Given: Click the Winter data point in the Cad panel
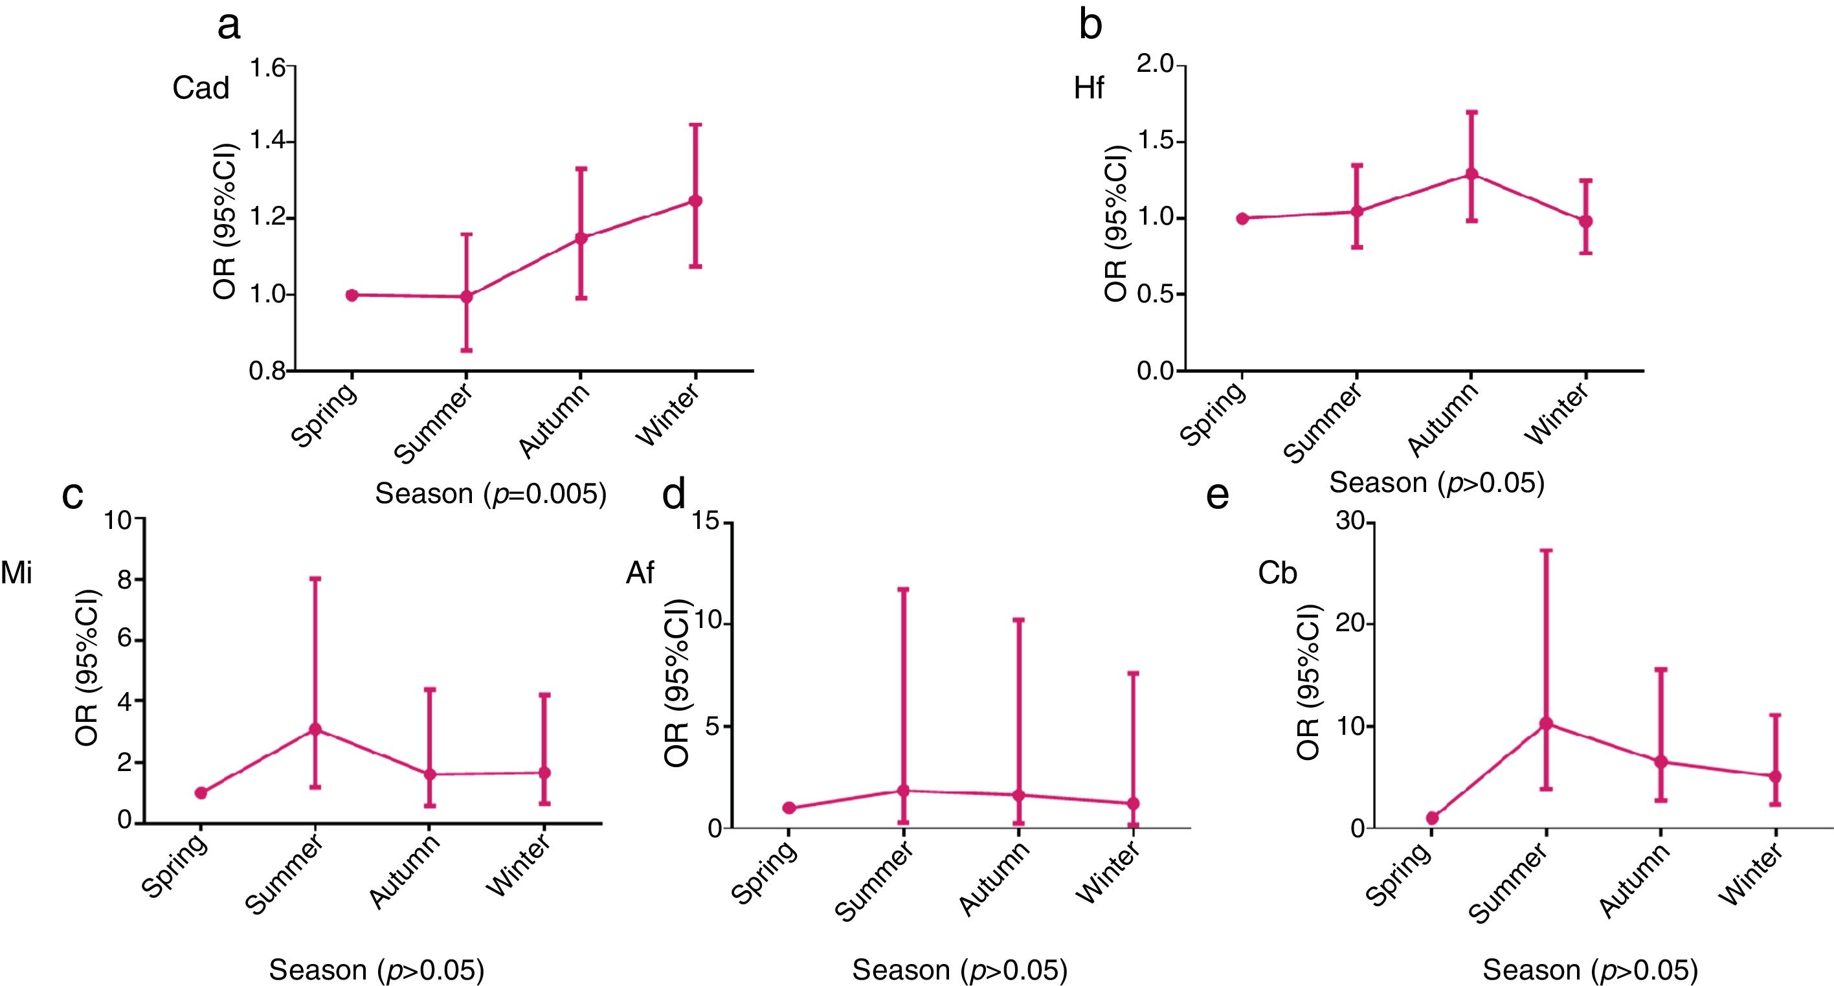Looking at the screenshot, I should [x=695, y=201].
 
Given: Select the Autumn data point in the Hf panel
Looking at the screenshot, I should [x=1471, y=174].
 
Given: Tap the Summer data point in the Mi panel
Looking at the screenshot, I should [x=315, y=730].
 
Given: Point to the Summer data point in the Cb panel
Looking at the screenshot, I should [x=1546, y=724].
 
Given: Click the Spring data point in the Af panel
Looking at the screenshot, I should [x=789, y=808].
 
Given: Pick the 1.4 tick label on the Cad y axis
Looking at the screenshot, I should [x=267, y=142].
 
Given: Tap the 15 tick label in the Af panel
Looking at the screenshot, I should [x=707, y=522].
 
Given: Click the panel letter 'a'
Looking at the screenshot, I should [x=229, y=27].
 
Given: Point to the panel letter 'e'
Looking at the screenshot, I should [x=1218, y=494].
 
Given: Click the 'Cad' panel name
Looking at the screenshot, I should [x=201, y=88].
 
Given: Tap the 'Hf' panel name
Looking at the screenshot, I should [x=1089, y=88].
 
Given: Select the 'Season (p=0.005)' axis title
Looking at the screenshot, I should [x=491, y=493].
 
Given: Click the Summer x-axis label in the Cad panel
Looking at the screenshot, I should [x=434, y=424].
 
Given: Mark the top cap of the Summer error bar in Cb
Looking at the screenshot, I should [x=1546, y=550].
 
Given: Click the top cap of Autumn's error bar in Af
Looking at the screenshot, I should [x=1019, y=620].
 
